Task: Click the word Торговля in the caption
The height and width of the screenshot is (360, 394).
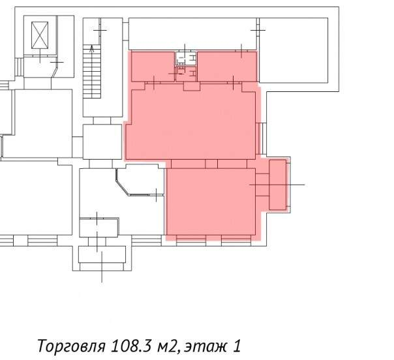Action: [71, 346]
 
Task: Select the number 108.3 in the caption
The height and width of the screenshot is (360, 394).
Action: [130, 346]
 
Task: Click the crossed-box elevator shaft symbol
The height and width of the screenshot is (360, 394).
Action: [40, 35]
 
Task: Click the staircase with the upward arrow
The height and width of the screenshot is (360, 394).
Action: [92, 71]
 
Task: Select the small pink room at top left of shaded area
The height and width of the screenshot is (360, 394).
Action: [153, 67]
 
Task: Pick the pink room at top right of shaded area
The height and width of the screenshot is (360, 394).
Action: [227, 67]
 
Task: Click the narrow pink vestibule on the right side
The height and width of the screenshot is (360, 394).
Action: [278, 185]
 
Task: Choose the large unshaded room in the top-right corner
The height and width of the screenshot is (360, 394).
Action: [294, 50]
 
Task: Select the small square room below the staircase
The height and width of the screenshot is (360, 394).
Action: [102, 142]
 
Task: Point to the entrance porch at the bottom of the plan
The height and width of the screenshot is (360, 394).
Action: [102, 258]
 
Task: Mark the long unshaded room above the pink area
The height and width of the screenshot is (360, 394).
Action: [192, 34]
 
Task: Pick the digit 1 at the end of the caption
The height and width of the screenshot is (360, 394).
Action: [237, 346]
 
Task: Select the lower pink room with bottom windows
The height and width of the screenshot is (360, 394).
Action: [211, 202]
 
